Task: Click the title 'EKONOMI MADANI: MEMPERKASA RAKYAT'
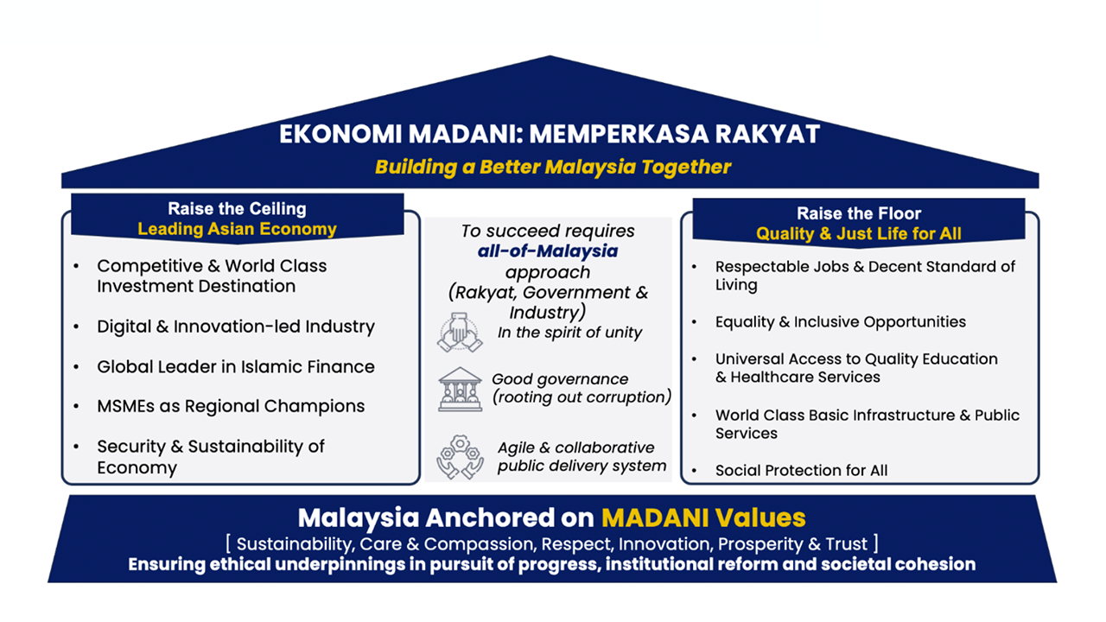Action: point(550,134)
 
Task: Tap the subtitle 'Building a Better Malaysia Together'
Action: point(553,167)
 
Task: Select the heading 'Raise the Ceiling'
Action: point(237,208)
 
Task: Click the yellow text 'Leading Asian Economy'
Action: point(237,229)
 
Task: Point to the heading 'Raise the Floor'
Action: point(859,213)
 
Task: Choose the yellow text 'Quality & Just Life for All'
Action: point(859,233)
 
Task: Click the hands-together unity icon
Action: point(460,333)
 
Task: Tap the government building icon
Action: point(460,390)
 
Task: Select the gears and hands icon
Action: point(460,457)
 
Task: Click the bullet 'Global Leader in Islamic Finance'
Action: point(236,367)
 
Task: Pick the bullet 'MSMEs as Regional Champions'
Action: point(231,406)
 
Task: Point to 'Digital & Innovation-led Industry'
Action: point(236,327)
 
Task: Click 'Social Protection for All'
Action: point(801,471)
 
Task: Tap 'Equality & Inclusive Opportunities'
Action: point(841,322)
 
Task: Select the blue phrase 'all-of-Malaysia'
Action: point(548,251)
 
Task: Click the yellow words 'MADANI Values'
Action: point(703,517)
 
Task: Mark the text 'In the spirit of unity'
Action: point(569,333)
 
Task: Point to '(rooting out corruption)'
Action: point(582,397)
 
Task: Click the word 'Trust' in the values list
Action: point(846,543)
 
